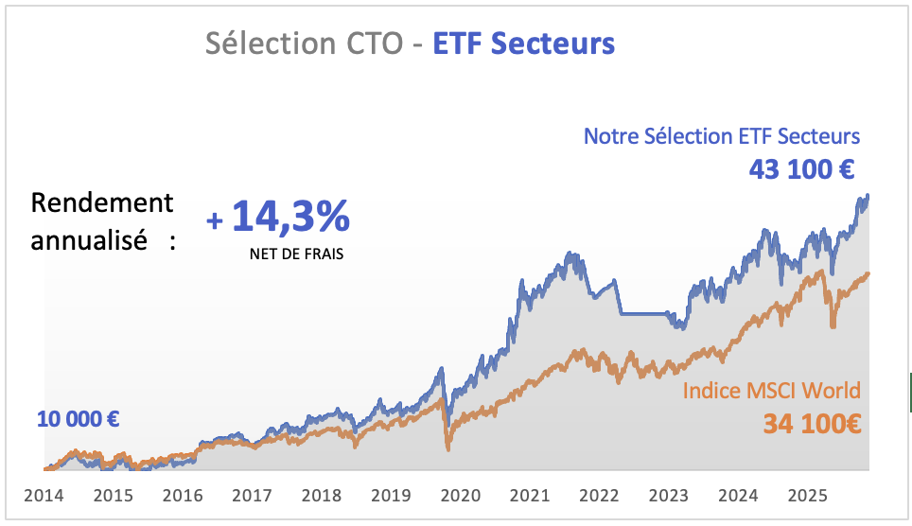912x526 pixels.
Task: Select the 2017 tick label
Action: click(252, 494)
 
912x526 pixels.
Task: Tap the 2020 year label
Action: click(461, 494)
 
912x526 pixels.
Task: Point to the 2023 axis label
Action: click(670, 494)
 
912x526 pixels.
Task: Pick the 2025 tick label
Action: click(809, 494)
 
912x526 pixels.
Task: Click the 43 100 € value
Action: click(802, 170)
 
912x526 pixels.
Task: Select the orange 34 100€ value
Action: click(812, 423)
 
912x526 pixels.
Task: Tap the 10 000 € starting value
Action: click(79, 419)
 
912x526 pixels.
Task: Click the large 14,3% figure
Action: click(290, 218)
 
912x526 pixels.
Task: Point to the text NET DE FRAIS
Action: click(296, 254)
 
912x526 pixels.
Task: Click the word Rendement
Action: click(102, 202)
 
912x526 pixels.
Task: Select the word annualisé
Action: click(89, 239)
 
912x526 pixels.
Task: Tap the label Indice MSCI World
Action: click(772, 391)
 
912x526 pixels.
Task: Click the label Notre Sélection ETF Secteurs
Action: click(722, 135)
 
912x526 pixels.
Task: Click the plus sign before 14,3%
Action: click(216, 221)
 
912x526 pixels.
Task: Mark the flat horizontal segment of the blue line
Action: click(643, 313)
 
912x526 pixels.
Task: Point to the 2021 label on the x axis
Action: click(531, 494)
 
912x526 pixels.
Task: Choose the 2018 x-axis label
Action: click(322, 494)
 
